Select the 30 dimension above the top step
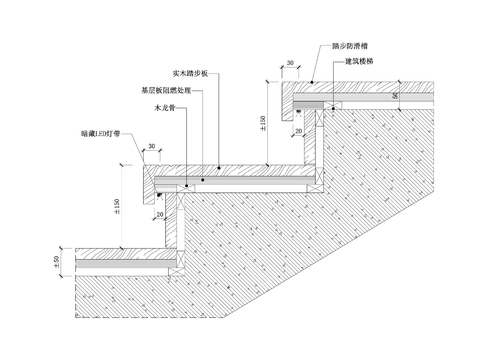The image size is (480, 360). pyautogui.click(x=289, y=63)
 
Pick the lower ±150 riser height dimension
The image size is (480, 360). pyautogui.click(x=118, y=205)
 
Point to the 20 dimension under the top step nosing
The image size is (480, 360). pyautogui.click(x=298, y=130)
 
